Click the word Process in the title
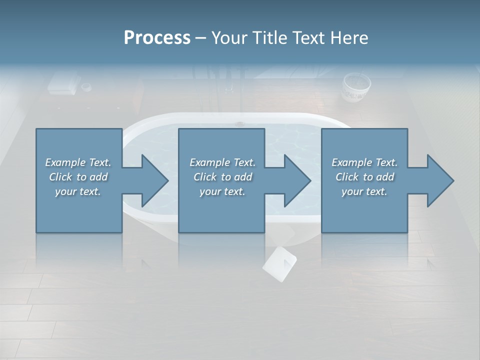pos(157,38)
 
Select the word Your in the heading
pos(229,38)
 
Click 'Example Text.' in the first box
pos(78,162)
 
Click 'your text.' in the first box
pos(78,191)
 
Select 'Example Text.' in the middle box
pos(222,162)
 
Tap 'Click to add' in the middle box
pos(222,177)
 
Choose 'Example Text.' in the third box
pos(364,162)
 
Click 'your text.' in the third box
pos(364,191)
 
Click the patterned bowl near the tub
pos(356,87)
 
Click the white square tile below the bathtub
pos(279,263)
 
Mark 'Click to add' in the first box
pos(78,177)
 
